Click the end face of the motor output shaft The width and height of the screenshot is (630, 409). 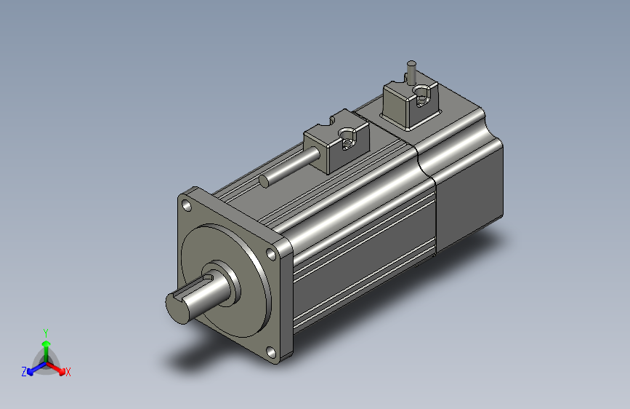point(177,308)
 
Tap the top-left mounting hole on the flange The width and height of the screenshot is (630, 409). point(187,206)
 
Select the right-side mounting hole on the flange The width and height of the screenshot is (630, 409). point(272,255)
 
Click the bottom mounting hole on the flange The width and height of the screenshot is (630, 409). point(272,353)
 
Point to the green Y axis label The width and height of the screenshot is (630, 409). point(46,333)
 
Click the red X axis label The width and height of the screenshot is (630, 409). point(68,372)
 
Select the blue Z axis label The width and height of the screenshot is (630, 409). point(24,372)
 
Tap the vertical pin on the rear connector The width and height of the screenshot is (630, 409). point(411,74)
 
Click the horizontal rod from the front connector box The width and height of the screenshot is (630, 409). point(290,167)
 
